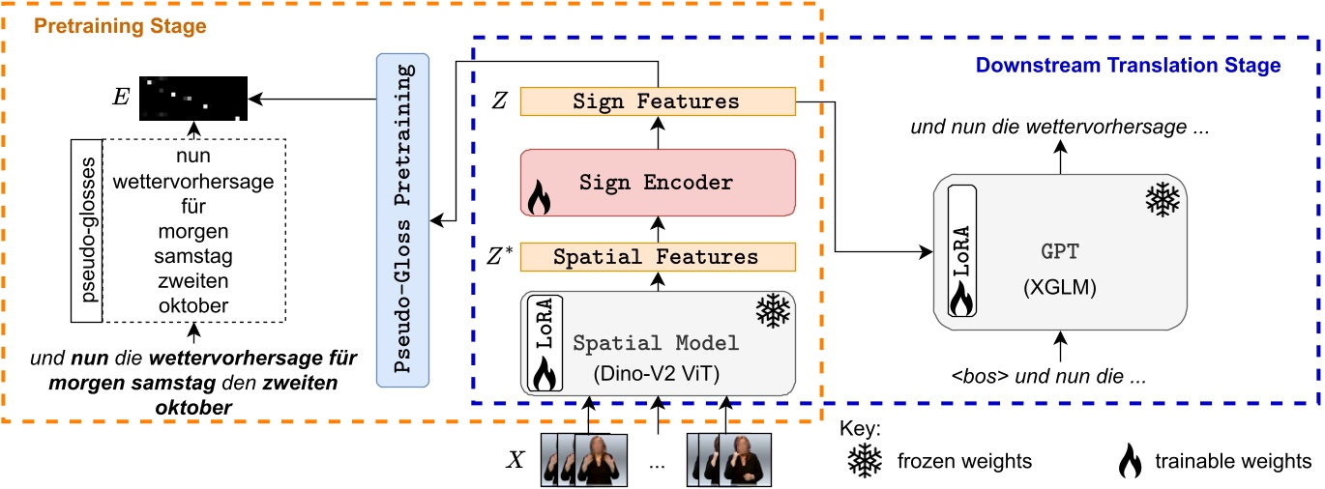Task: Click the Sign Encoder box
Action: tap(658, 182)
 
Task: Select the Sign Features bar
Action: tap(658, 101)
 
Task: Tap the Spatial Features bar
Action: tap(658, 257)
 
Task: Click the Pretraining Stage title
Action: tap(121, 26)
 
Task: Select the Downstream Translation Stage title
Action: tap(1128, 66)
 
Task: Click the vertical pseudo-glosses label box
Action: tap(85, 230)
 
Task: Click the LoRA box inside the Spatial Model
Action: tap(544, 342)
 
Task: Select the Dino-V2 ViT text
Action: tap(658, 371)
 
